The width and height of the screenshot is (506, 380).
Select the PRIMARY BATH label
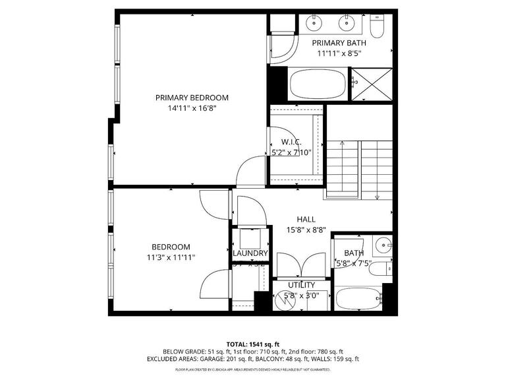point(339,42)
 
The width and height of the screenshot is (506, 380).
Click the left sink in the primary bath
point(315,24)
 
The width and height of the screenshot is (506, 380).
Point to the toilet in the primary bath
point(378,26)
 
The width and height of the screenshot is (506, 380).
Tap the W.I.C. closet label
point(291,142)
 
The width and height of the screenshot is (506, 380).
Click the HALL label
point(306,219)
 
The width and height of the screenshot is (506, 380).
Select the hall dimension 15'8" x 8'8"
point(306,230)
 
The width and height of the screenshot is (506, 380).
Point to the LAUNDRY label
point(250,253)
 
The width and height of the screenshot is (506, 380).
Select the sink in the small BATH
point(382,247)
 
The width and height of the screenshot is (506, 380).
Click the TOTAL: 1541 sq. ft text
point(253,344)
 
